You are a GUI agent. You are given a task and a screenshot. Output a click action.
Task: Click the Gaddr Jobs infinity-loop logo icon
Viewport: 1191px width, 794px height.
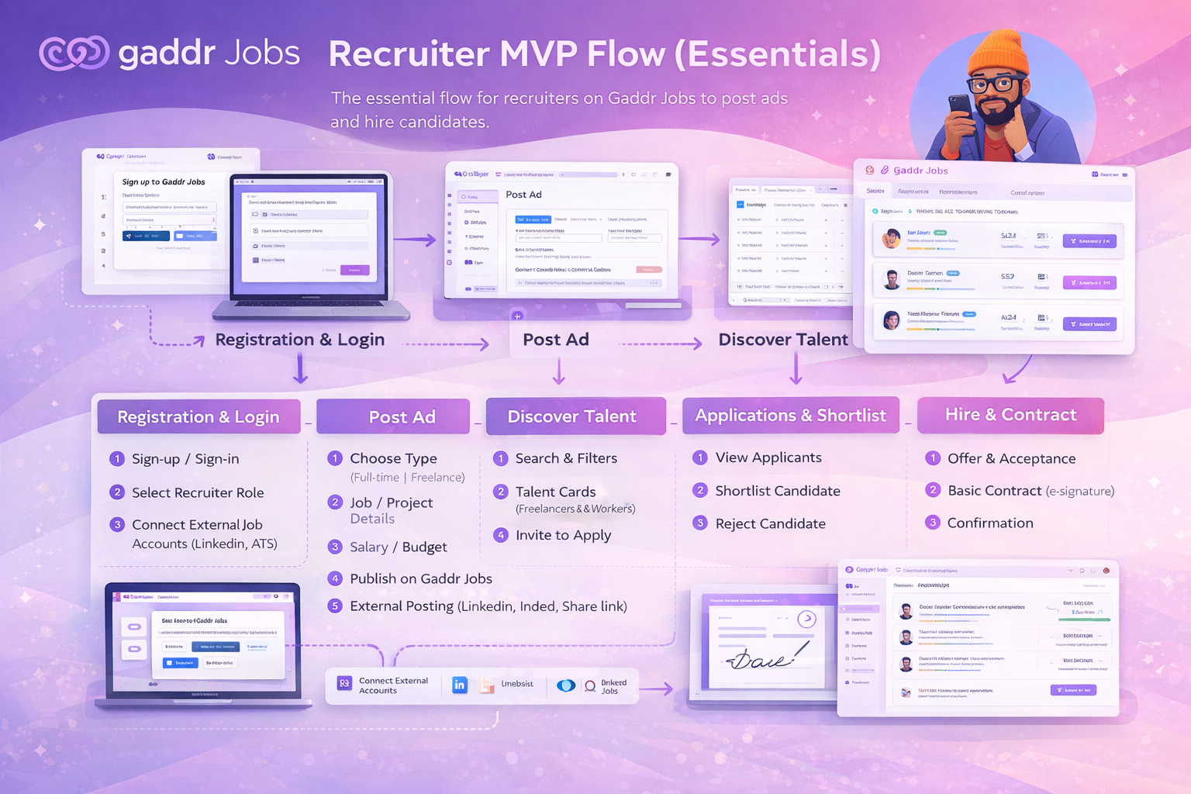(74, 53)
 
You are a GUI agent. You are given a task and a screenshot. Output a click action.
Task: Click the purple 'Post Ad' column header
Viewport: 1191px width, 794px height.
(393, 416)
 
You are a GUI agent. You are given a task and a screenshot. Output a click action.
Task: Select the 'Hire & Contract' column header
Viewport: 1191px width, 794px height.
(1010, 415)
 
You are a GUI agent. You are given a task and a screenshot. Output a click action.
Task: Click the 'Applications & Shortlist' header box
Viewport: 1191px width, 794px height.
(790, 416)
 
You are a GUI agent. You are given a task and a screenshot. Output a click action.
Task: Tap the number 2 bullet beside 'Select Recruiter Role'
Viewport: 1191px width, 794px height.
(117, 492)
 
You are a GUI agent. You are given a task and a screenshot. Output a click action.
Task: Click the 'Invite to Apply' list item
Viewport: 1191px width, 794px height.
(563, 535)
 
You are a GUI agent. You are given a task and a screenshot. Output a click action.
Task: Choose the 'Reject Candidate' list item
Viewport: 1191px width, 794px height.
(770, 523)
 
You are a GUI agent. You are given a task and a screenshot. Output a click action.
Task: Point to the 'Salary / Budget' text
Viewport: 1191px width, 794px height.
(398, 547)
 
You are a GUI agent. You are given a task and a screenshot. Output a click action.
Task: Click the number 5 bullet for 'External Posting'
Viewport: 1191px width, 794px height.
(335, 606)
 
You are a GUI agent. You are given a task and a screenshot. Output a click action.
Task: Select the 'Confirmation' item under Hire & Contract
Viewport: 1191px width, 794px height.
(989, 523)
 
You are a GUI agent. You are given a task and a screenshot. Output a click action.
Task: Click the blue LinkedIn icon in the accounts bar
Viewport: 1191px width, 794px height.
(460, 685)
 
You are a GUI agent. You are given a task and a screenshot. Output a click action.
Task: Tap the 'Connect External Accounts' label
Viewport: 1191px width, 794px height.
(392, 685)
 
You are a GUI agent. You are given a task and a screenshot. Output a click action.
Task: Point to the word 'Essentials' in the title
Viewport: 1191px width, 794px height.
(783, 54)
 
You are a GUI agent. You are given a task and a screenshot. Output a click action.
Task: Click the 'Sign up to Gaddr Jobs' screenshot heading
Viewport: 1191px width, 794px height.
(164, 181)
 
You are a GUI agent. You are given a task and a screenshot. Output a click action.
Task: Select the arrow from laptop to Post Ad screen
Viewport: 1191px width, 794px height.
(416, 240)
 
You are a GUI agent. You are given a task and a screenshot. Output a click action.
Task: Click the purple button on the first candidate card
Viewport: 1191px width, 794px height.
(1089, 241)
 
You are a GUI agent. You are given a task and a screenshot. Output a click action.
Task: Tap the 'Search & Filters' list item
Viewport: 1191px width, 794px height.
(566, 458)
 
